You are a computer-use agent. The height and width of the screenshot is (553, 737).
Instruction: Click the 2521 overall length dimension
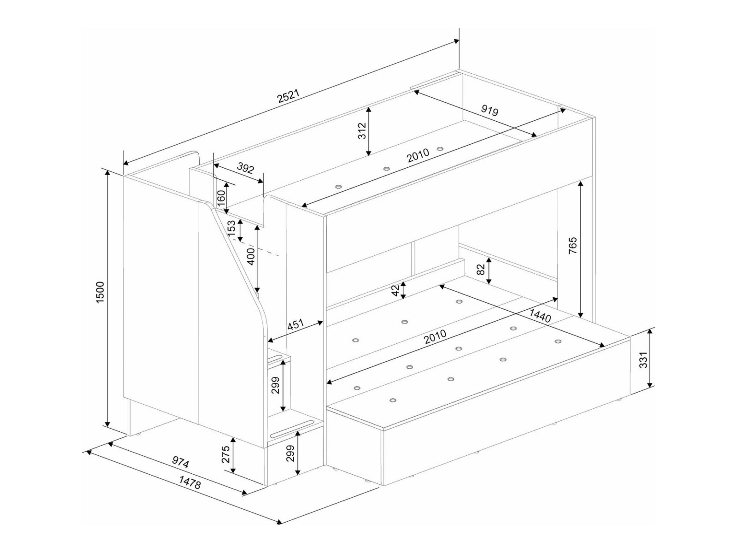pyautogui.click(x=289, y=96)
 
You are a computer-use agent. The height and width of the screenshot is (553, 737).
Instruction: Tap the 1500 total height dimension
pyautogui.click(x=100, y=293)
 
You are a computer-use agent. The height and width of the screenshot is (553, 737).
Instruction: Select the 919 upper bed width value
pyautogui.click(x=490, y=110)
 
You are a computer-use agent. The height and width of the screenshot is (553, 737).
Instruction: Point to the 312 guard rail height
pyautogui.click(x=362, y=131)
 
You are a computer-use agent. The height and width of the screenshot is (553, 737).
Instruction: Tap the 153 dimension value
pyautogui.click(x=232, y=228)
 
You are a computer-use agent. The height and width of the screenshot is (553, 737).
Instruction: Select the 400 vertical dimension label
pyautogui.click(x=252, y=256)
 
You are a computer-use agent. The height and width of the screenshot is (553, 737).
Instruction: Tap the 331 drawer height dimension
pyautogui.click(x=644, y=360)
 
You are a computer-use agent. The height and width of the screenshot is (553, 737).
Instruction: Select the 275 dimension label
pyautogui.click(x=226, y=454)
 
